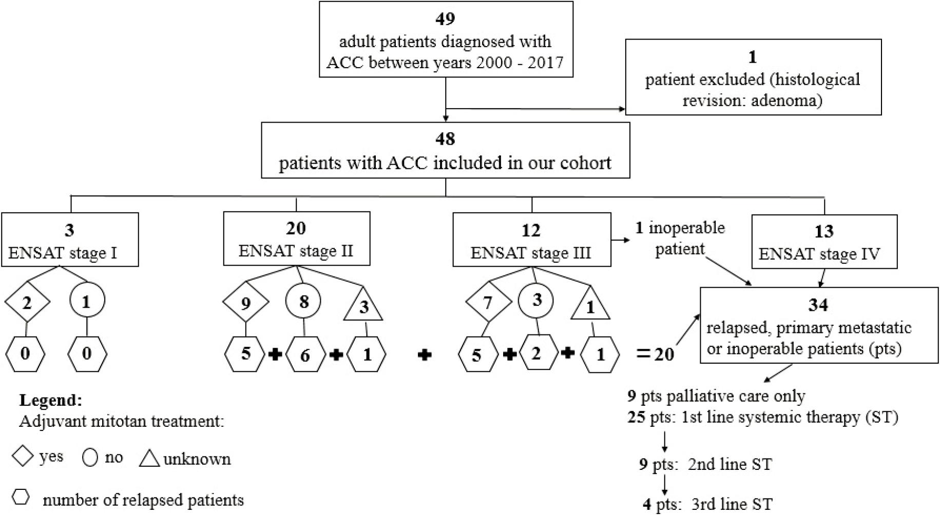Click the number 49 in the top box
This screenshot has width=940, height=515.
click(x=445, y=18)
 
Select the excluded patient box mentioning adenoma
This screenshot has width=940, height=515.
click(x=753, y=77)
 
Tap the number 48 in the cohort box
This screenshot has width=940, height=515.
click(x=445, y=138)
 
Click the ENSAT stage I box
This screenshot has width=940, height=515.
click(x=70, y=240)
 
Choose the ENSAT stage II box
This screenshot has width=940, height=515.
click(x=296, y=239)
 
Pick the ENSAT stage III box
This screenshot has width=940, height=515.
click(x=531, y=240)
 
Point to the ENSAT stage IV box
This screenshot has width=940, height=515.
click(x=823, y=242)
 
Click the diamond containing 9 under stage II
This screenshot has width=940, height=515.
click(x=245, y=303)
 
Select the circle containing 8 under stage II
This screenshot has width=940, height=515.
click(x=304, y=301)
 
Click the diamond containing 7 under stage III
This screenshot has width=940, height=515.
click(x=488, y=302)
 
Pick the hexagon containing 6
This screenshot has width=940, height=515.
click(x=305, y=354)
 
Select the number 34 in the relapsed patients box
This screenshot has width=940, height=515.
click(x=818, y=305)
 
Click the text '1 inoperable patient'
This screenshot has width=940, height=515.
click(x=680, y=238)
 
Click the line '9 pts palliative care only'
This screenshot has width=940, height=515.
click(x=716, y=396)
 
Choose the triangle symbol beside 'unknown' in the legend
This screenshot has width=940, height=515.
click(x=149, y=458)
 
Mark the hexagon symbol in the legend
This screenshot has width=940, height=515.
click(x=21, y=497)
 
